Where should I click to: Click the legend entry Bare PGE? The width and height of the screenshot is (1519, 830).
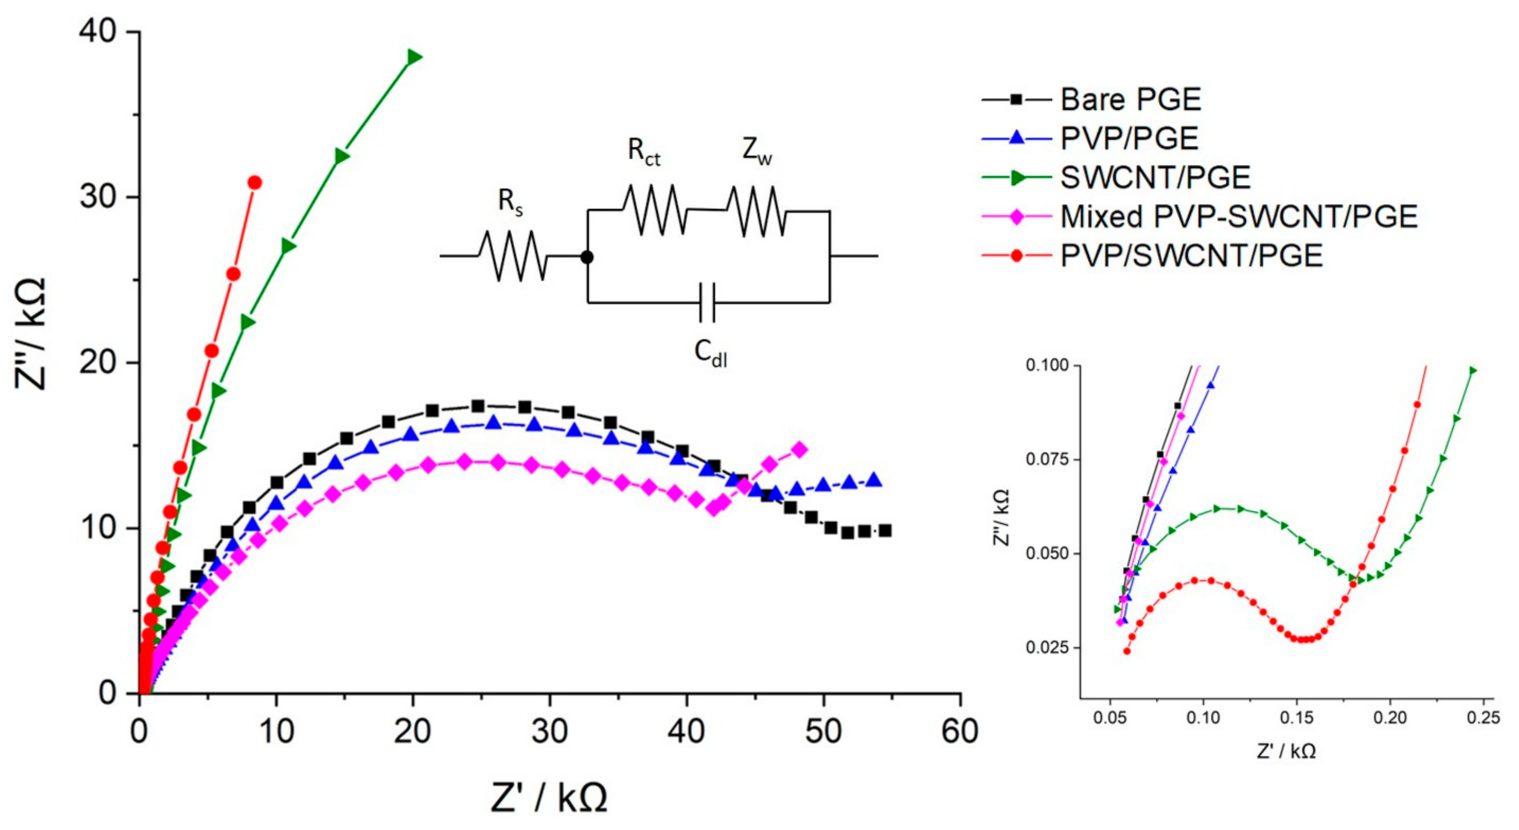pos(1130,99)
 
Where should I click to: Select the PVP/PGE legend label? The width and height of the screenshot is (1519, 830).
pos(1129,138)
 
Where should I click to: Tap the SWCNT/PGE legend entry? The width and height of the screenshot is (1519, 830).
pos(1155,177)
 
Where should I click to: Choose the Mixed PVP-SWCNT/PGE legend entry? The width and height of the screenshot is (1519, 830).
pos(1239,217)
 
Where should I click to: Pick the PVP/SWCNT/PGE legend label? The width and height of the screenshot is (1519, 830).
pos(1191,256)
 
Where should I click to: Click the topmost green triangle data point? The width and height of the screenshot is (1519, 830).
pos(414,56)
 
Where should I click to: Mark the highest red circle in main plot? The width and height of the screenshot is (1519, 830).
pos(255,183)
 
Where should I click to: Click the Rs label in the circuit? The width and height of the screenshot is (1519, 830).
pos(511,202)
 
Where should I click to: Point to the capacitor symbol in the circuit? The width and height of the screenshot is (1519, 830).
pos(707,303)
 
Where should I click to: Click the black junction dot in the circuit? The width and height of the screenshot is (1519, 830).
pos(587,257)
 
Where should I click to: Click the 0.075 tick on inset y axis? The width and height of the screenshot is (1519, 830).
pos(1047,459)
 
